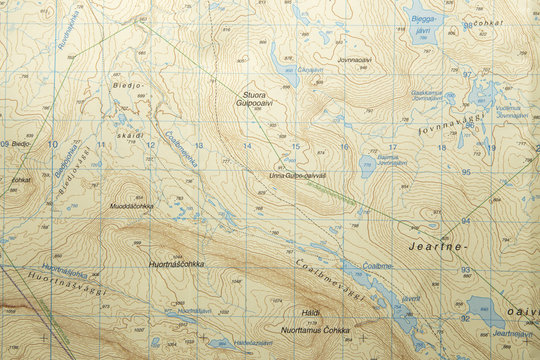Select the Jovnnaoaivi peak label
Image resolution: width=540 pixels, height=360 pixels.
coord(355,60)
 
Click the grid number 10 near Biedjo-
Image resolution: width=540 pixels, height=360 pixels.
coord(53,145)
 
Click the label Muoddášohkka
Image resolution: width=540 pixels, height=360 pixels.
coord(131,206)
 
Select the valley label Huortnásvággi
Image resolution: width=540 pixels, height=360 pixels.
coord(55,281)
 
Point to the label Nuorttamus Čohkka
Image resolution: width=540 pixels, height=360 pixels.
coord(315,329)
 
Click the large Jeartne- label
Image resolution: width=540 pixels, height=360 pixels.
coord(437,245)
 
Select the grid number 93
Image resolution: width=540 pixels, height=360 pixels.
coord(465,270)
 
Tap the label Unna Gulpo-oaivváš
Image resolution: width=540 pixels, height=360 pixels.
coord(298,176)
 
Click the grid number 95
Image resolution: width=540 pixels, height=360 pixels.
coord(465,171)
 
